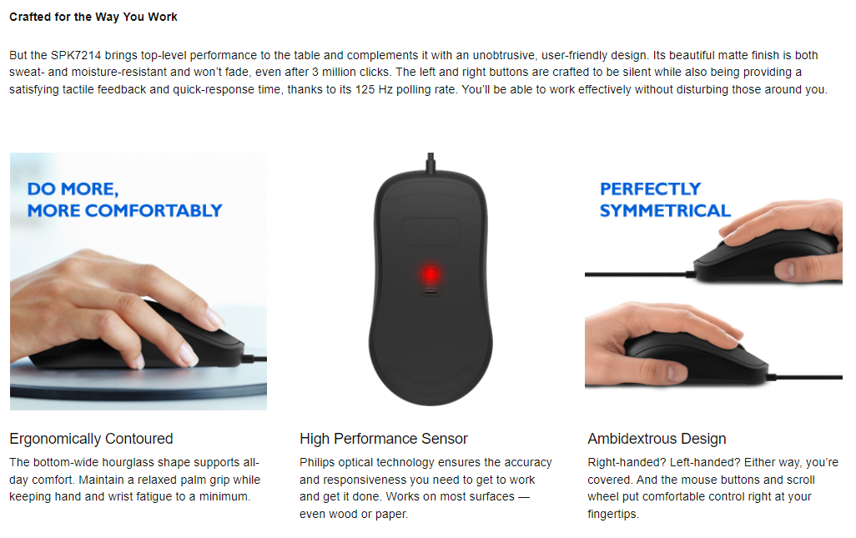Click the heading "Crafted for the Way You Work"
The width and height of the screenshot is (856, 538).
tap(93, 17)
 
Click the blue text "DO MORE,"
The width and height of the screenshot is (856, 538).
tap(73, 189)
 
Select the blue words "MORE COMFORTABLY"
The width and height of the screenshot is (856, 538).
tap(125, 211)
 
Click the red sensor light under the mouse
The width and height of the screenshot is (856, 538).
tap(431, 274)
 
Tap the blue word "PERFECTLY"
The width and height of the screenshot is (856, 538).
tap(650, 189)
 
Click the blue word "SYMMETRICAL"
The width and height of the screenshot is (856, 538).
tap(665, 211)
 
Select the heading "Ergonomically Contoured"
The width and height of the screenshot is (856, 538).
tap(91, 439)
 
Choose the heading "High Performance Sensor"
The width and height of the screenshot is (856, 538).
tap(384, 439)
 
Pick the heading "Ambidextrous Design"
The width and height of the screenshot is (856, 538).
tap(657, 439)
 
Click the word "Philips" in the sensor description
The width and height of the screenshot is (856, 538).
tap(317, 463)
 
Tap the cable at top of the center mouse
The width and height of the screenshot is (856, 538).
tap(431, 162)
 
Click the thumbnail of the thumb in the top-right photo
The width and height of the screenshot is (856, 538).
tap(786, 269)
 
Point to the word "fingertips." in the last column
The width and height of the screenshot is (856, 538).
tap(613, 514)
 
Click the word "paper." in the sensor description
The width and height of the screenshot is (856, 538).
tap(391, 514)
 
